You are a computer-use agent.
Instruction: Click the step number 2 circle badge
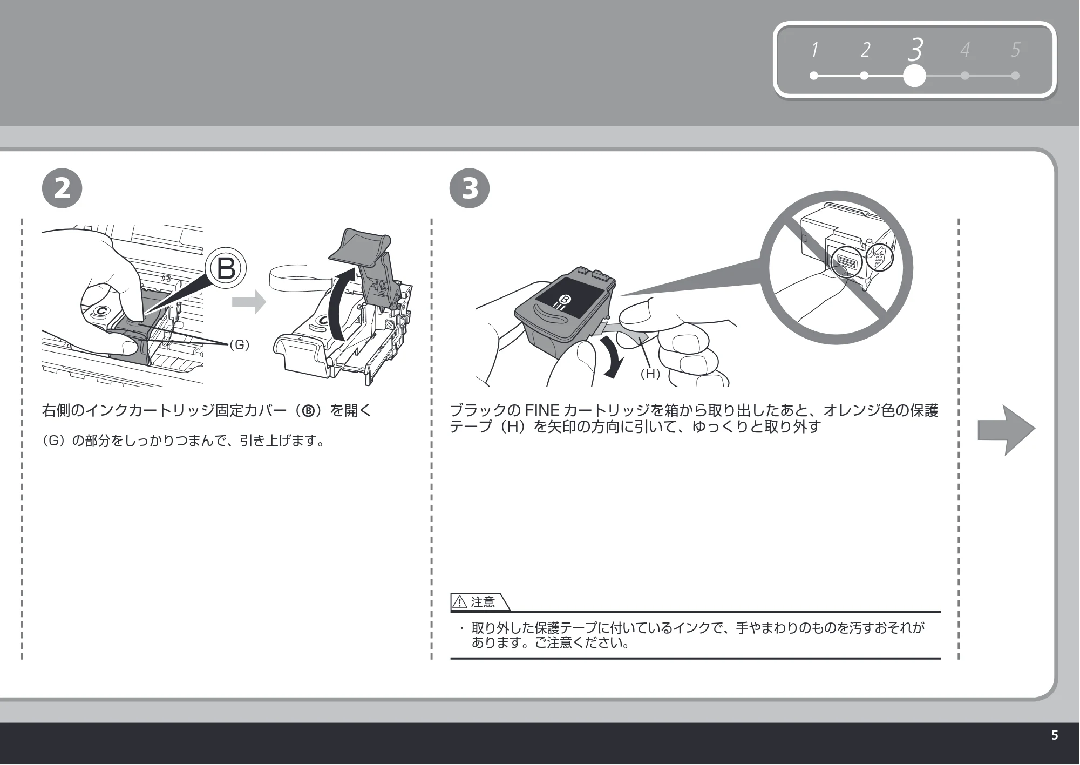tap(62, 188)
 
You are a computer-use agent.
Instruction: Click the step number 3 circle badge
tap(470, 188)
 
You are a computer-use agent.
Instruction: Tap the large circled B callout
tap(226, 268)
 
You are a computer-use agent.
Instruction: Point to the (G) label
tap(239, 344)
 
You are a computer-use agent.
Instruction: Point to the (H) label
tap(650, 373)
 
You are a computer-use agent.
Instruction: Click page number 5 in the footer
tap(1055, 735)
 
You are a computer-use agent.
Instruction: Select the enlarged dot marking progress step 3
tap(914, 76)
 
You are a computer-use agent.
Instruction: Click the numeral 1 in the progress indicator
tap(814, 50)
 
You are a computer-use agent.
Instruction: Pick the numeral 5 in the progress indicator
tap(1015, 50)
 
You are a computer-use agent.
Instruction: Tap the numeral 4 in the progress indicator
tap(965, 50)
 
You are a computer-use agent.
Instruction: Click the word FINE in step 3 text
tap(542, 411)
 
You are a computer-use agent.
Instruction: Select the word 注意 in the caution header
tap(483, 602)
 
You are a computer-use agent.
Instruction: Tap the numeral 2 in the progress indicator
tap(865, 50)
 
